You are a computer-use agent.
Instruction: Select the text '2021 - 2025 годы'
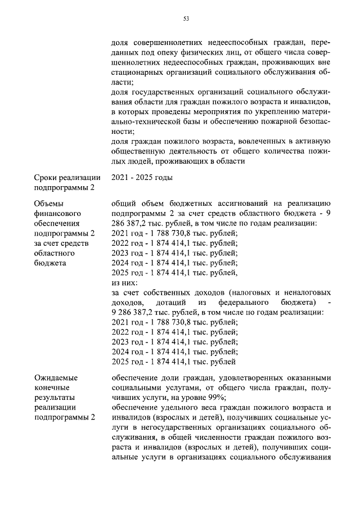(142, 177)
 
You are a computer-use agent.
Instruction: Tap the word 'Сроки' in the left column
(46, 177)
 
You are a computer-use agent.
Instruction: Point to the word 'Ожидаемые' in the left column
(56, 377)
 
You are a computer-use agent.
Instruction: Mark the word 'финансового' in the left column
(58, 214)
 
